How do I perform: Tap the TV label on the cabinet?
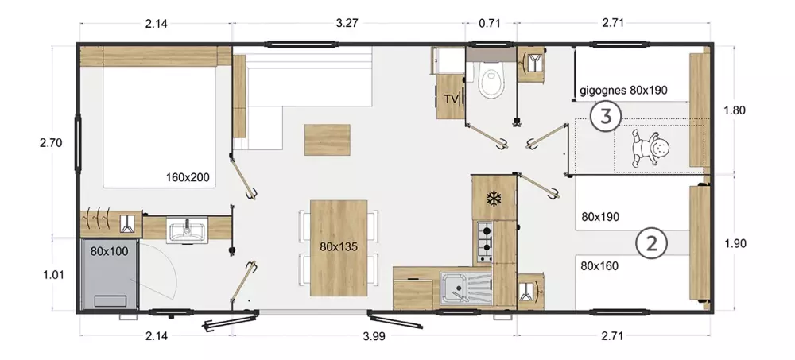click(x=450, y=99)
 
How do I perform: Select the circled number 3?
click(x=605, y=117)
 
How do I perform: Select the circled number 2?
click(x=651, y=244)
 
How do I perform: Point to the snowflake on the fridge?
click(x=493, y=198)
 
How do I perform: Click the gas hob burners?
click(x=485, y=241)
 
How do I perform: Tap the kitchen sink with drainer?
click(x=466, y=288)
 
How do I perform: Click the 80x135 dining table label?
click(x=339, y=247)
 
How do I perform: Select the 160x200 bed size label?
click(x=188, y=177)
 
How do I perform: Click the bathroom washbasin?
click(x=187, y=230)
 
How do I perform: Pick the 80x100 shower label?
click(x=110, y=251)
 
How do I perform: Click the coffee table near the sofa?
click(x=327, y=139)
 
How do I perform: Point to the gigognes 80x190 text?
click(x=623, y=91)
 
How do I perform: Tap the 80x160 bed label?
click(x=599, y=265)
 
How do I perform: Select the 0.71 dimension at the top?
click(x=489, y=23)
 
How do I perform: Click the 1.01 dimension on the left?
click(x=53, y=275)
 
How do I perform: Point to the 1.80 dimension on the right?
click(x=735, y=110)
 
